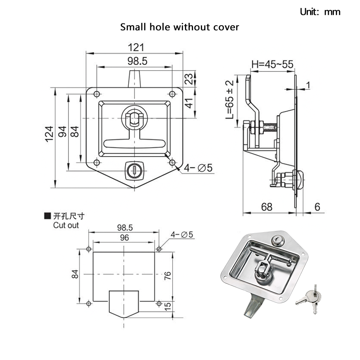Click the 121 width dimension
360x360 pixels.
pyautogui.click(x=135, y=47)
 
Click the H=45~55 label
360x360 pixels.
pyautogui.click(x=272, y=65)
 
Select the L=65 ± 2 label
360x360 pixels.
pyautogui.click(x=230, y=99)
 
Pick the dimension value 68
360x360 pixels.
pyautogui.click(x=267, y=207)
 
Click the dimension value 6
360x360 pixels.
pyautogui.click(x=318, y=207)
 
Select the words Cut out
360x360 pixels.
pyautogui.click(x=66, y=225)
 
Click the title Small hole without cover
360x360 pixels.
pyautogui.click(x=180, y=27)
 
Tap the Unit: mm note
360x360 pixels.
pyautogui.click(x=320, y=12)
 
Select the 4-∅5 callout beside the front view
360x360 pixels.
pyautogui.click(x=198, y=168)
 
